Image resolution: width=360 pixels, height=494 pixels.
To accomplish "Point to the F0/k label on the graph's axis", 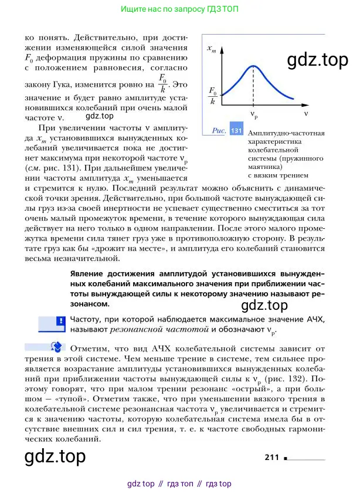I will pyautogui.click(x=212, y=96).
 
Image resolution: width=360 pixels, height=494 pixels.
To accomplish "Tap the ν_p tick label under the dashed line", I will pyautogui.click(x=254, y=114).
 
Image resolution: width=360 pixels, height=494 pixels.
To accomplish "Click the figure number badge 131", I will pyautogui.click(x=237, y=130).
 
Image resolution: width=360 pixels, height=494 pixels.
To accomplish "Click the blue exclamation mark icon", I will pyautogui.click(x=60, y=322).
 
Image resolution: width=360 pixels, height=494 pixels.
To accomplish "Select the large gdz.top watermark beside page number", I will pyautogui.click(x=55, y=456).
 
